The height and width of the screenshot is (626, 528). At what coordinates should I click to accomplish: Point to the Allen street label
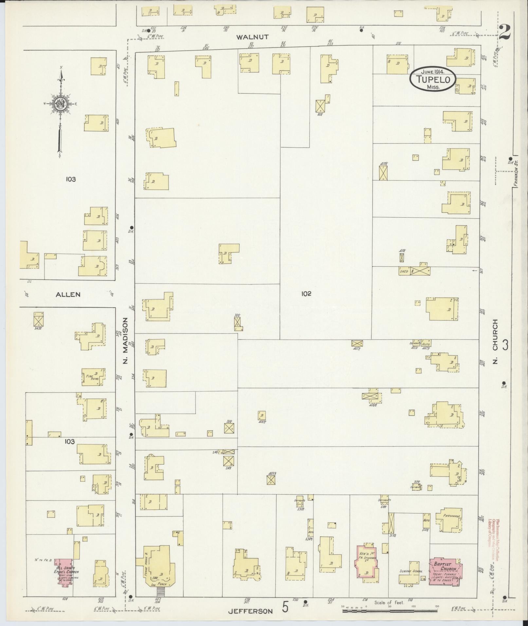pyautogui.click(x=68, y=295)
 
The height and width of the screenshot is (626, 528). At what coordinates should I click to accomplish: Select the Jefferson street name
pyautogui.click(x=250, y=611)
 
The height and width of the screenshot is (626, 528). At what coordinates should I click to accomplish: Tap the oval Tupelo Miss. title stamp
pyautogui.click(x=432, y=79)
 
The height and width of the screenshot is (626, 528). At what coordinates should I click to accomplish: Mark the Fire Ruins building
pyautogui.click(x=94, y=377)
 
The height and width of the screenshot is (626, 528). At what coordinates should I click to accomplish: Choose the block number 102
pyautogui.click(x=306, y=294)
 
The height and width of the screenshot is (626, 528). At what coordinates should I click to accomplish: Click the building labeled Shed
pyautogui.click(x=404, y=271)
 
